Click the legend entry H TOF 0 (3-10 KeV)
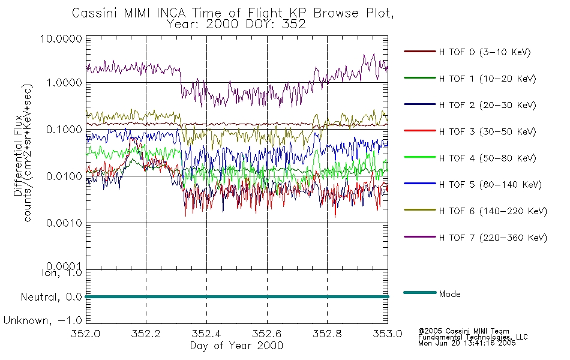tap(485, 53)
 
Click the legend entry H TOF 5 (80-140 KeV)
tap(490, 185)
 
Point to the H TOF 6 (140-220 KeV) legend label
tap(492, 211)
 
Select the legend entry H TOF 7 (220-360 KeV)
tap(492, 238)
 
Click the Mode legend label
tap(449, 295)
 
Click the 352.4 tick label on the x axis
tap(206, 334)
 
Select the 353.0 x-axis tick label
tap(388, 334)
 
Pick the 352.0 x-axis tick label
tap(86, 334)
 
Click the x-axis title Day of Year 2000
tap(236, 346)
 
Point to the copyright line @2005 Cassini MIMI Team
tap(464, 331)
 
